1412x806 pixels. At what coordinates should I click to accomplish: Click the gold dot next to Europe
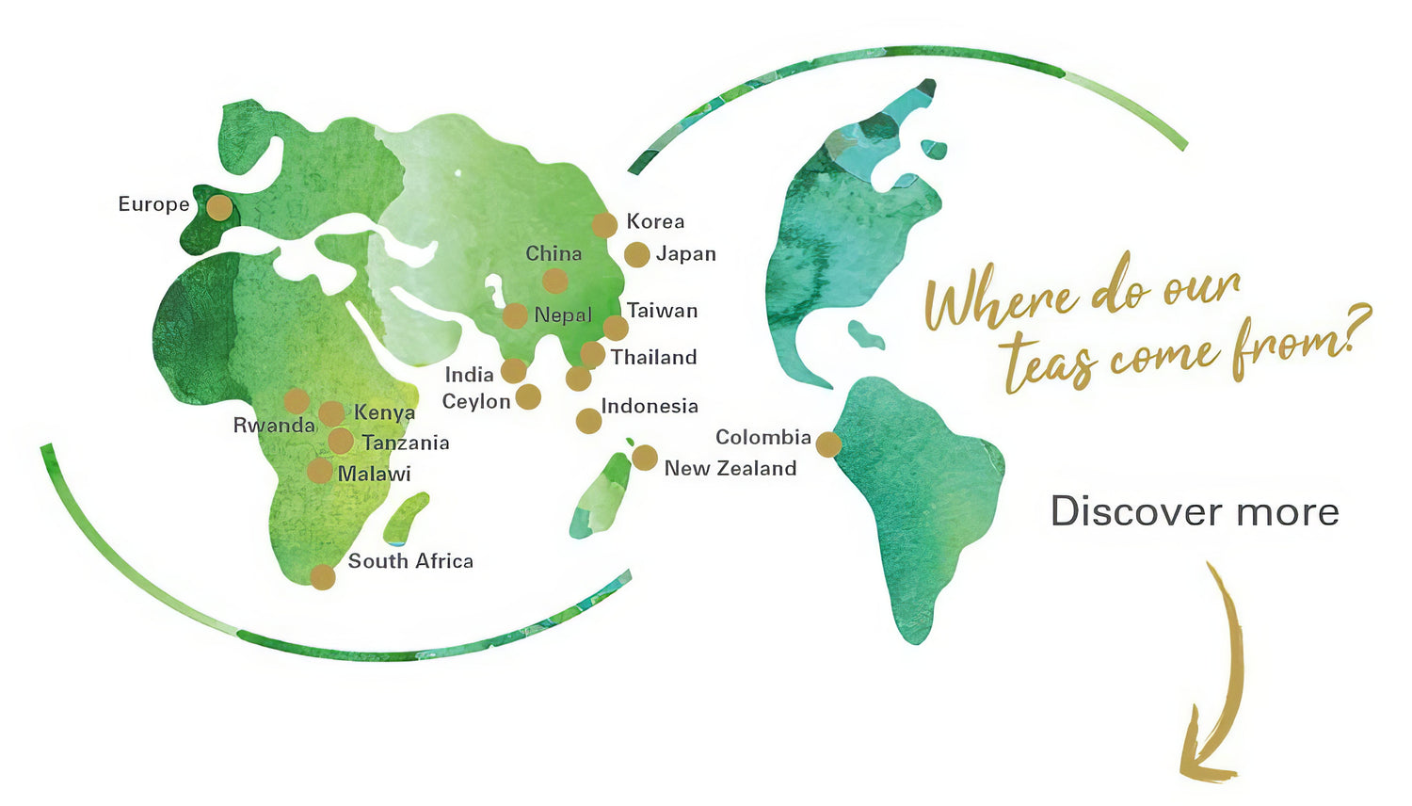[x=219, y=207]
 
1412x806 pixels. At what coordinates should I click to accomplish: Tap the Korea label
[x=655, y=221]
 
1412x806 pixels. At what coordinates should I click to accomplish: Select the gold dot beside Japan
[x=637, y=254]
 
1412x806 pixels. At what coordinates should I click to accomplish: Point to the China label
[x=554, y=253]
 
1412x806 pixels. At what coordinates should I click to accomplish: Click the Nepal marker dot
[x=515, y=315]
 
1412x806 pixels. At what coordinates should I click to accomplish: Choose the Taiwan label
[x=662, y=311]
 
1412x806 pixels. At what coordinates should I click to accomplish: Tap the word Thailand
[x=653, y=357]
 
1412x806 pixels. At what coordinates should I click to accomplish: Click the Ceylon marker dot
[x=528, y=396]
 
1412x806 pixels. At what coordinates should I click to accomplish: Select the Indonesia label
[x=650, y=406]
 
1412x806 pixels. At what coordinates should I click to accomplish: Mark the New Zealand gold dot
[x=645, y=458]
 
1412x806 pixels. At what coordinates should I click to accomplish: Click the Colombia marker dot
[x=828, y=443]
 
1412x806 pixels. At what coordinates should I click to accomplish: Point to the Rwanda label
[x=274, y=426]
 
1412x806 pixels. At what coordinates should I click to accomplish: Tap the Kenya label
[x=384, y=412]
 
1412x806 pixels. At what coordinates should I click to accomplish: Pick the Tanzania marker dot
[x=341, y=441]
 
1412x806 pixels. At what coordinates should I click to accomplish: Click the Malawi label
[x=374, y=474]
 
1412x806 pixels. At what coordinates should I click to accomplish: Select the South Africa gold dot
[x=323, y=577]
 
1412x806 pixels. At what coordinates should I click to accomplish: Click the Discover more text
[x=1195, y=511]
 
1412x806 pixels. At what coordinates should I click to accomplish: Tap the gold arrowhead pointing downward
[x=1200, y=758]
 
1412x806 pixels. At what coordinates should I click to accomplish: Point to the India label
[x=469, y=375]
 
